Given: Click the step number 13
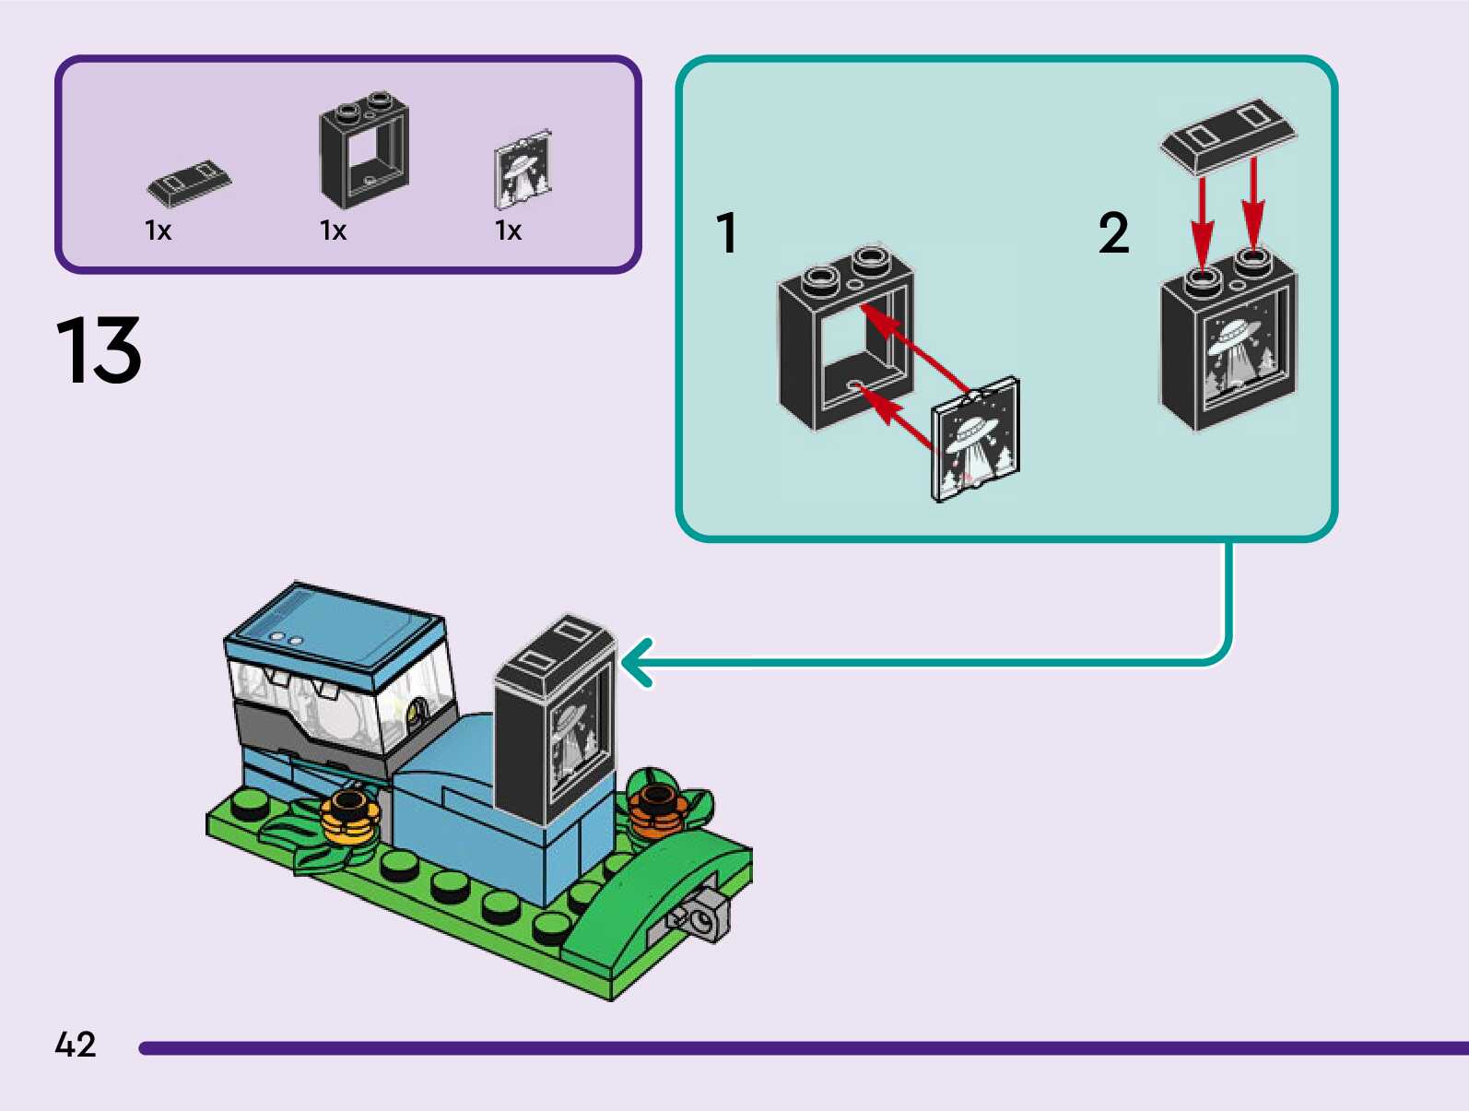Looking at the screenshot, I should click(99, 350).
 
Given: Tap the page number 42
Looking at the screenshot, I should click(76, 1045).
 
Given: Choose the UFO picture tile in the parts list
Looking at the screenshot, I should click(523, 170).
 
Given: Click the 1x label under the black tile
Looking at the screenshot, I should click(159, 230).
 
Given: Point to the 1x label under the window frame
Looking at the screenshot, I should click(334, 230).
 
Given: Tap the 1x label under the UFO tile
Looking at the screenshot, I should click(509, 230).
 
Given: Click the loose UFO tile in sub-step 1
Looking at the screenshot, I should click(975, 440).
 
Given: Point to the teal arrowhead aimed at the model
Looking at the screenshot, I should click(636, 662).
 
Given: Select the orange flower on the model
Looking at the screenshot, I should click(656, 806).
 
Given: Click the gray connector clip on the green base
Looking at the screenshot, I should click(702, 914).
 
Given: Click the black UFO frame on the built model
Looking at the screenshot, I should click(556, 719).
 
